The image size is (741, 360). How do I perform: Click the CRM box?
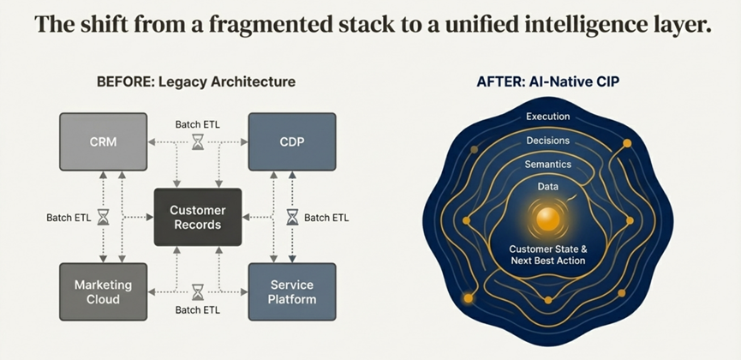103,141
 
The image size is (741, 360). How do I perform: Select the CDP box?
291,141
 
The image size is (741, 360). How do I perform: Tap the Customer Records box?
197,218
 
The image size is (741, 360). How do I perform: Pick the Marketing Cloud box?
103,291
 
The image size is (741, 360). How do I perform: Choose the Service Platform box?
291,291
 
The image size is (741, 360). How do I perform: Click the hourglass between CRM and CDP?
198,141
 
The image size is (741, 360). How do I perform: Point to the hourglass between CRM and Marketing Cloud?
104,218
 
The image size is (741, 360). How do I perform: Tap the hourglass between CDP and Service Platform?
291,218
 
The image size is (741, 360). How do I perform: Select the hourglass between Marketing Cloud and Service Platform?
198,291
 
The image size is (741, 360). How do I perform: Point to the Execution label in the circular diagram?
547,117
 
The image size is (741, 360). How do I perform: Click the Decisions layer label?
547,141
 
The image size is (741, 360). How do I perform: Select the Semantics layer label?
547,164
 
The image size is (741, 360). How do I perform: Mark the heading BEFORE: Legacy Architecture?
196,82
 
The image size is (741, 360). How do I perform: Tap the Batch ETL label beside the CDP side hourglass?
326,218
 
